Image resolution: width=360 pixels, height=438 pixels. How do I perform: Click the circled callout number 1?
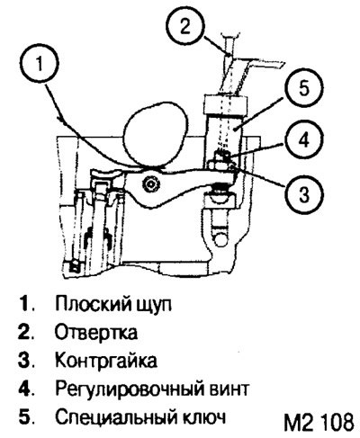coord(40,64)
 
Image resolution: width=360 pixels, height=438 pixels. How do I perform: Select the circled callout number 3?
coord(304,193)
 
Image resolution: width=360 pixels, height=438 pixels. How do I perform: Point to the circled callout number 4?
coord(304,140)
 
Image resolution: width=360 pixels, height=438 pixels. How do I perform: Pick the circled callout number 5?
coord(304,89)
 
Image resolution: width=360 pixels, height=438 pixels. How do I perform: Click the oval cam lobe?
coord(156,134)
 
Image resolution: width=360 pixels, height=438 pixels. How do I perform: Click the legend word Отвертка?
coord(96,332)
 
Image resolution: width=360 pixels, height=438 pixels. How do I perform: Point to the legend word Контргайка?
coord(106,361)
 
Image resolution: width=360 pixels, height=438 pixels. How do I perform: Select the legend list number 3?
coord(23,361)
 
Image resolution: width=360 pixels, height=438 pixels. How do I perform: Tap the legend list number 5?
coord(23,417)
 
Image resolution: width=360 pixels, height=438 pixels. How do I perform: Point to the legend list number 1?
coord(23,304)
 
